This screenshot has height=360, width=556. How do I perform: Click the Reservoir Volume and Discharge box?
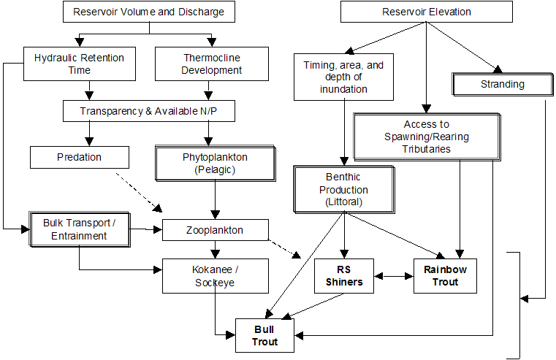[x=148, y=12]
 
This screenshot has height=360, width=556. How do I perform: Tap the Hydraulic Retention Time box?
[x=80, y=64]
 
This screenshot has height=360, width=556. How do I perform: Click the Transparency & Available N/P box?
[x=149, y=111]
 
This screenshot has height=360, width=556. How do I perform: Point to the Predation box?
[x=79, y=157]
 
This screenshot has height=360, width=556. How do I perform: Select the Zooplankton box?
[x=213, y=230]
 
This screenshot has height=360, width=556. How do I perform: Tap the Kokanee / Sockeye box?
[x=213, y=275]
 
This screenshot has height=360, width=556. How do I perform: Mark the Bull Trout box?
[x=265, y=335]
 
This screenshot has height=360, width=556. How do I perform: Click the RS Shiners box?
[x=343, y=275]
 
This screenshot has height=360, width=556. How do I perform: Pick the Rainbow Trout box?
[x=444, y=275]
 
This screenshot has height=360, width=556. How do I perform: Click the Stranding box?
[x=502, y=84]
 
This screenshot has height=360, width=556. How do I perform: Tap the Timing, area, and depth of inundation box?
[x=343, y=77]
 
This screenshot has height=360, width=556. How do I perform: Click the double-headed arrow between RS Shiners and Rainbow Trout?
[x=393, y=276]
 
